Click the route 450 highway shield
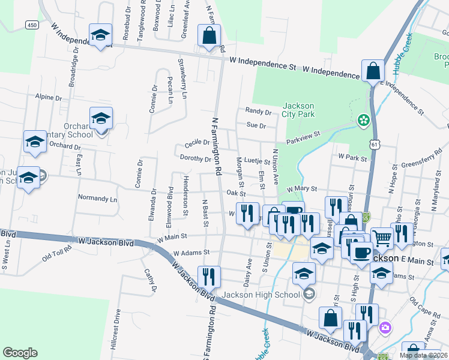pyautogui.click(x=32, y=25)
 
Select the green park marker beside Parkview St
pyautogui.click(x=363, y=121)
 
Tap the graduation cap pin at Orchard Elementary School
pyautogui.click(x=101, y=119)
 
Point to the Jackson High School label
pyautogui.click(x=261, y=295)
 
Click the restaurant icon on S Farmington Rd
pyautogui.click(x=208, y=277)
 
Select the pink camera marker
pyautogui.click(x=385, y=328)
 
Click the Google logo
pyautogui.click(x=20, y=353)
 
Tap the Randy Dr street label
pyautogui.click(x=258, y=111)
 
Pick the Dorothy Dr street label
pyautogui.click(x=196, y=159)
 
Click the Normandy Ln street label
pyautogui.click(x=97, y=197)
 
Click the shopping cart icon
pyautogui.click(x=381, y=238)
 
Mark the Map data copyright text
pyautogui.click(x=423, y=355)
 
